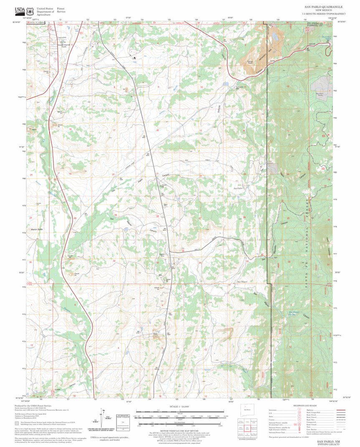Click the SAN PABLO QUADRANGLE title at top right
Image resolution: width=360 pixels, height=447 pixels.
click(325, 7)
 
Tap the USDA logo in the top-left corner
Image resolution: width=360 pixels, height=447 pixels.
click(20, 10)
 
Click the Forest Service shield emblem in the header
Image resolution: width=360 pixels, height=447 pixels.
click(30, 10)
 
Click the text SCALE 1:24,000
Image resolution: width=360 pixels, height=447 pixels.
click(180, 406)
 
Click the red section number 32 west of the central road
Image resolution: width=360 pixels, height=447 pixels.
click(114, 261)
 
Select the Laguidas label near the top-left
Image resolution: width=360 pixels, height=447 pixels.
click(61, 37)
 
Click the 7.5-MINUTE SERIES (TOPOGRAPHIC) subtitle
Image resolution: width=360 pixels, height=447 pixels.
click(325, 14)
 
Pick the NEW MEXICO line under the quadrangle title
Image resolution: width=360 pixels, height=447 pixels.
click(325, 11)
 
